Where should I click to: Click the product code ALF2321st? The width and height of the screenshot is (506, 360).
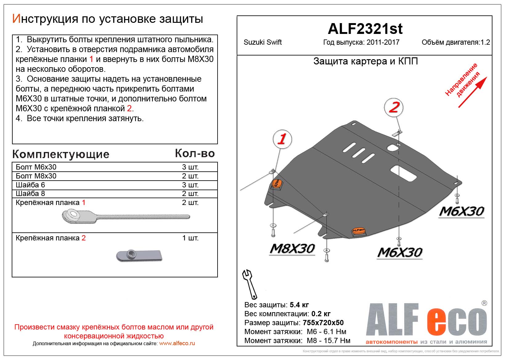365,29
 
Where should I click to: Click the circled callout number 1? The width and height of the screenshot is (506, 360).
282,139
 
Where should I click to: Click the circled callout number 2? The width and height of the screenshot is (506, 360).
394,107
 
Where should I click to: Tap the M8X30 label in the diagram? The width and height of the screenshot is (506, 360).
292,248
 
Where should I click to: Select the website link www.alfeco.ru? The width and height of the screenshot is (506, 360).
177,343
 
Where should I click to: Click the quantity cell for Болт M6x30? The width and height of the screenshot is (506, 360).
190,167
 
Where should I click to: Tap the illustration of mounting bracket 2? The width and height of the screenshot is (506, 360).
139,255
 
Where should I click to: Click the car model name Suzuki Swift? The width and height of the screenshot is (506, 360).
263,42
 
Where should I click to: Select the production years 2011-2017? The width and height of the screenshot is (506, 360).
383,42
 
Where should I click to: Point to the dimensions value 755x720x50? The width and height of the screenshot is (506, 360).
323,323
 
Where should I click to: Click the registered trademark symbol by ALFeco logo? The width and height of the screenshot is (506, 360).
484,303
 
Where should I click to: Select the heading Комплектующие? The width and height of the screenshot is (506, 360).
61,154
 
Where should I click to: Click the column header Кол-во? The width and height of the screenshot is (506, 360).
195,153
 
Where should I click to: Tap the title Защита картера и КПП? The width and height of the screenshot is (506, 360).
365,61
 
